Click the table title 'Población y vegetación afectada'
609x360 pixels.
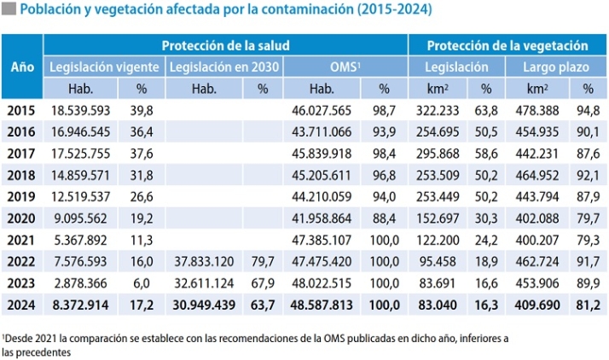coord(225,11)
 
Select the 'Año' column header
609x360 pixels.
coord(21,67)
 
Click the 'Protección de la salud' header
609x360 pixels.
coord(226,45)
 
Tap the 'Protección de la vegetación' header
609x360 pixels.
coord(507,45)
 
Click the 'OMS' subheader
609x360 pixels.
coord(345,67)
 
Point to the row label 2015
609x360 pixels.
coord(21,110)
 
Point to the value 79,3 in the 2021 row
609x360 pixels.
coord(588,239)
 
